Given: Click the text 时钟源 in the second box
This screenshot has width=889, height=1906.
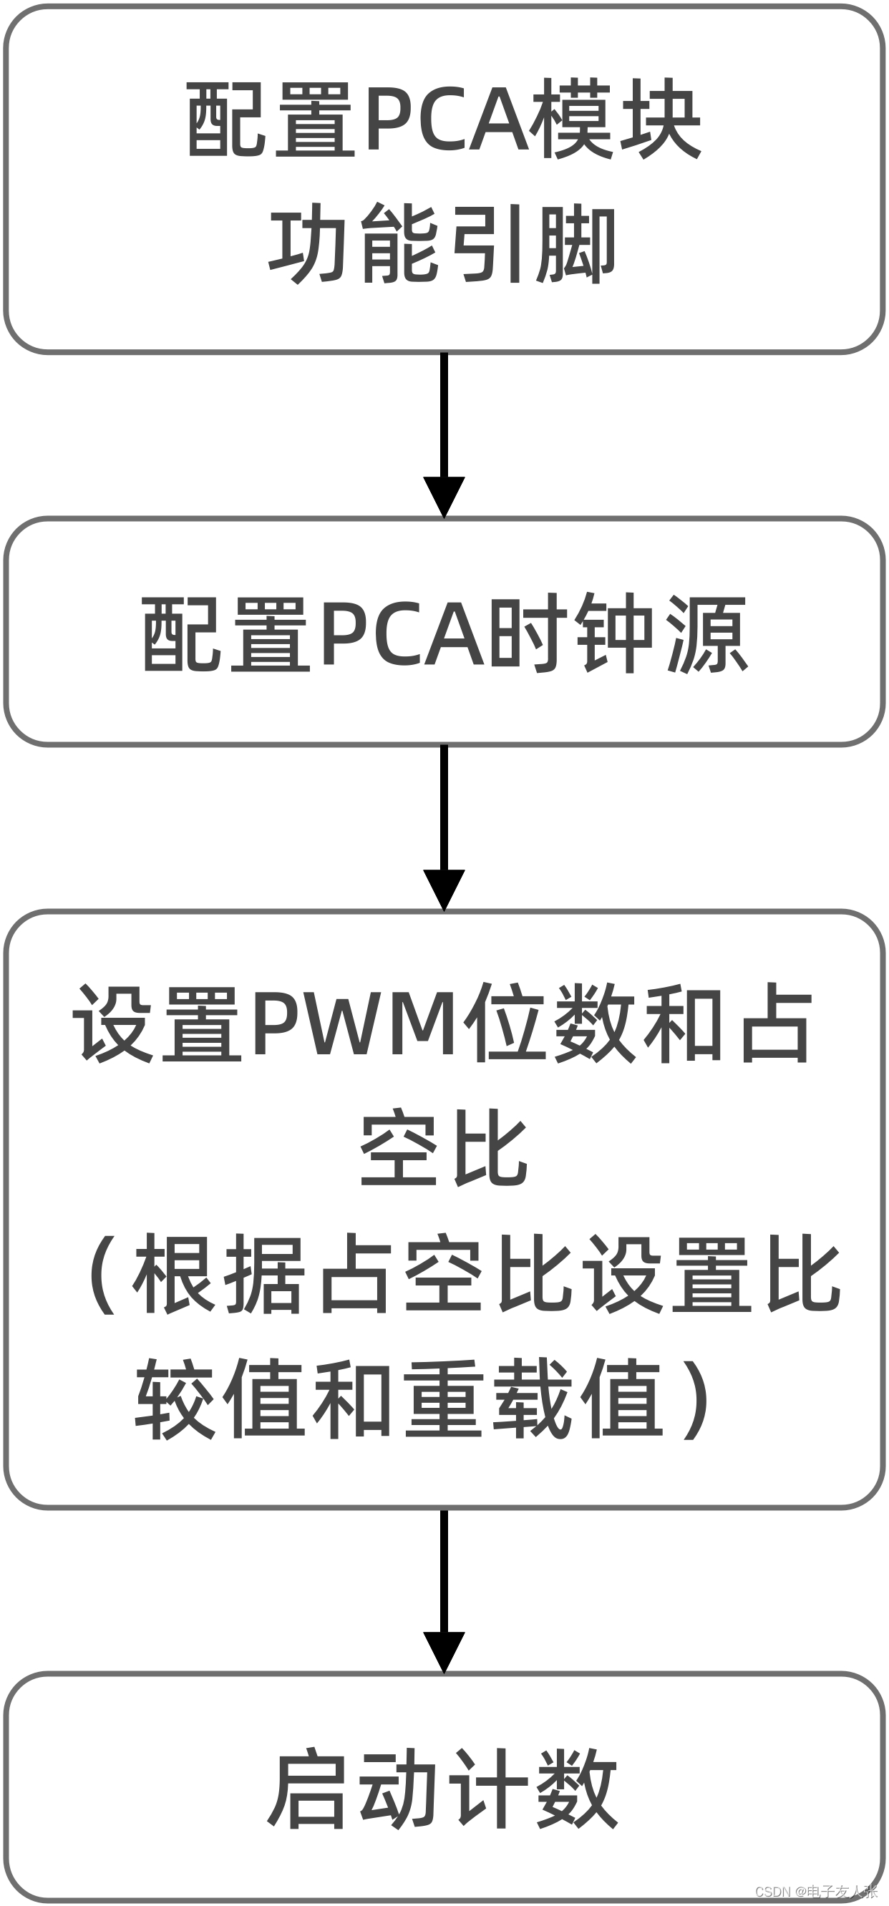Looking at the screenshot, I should [x=620, y=634].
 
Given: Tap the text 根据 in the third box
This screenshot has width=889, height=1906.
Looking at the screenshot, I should [x=219, y=1273].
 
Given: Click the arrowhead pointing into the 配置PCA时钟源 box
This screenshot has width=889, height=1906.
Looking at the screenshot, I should [x=444, y=497].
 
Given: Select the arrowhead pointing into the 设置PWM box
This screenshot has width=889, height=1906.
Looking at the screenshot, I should [x=444, y=889].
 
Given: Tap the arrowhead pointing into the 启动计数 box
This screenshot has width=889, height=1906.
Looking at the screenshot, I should [x=444, y=1651].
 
